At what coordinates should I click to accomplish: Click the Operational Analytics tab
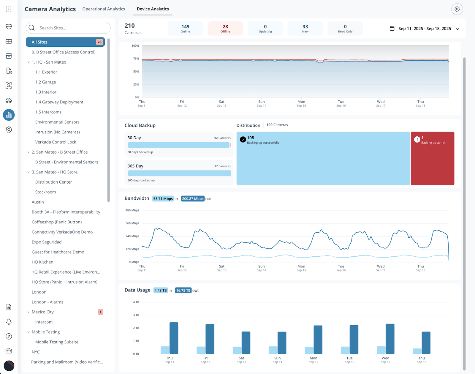(104, 9)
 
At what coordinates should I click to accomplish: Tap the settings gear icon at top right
(457, 9)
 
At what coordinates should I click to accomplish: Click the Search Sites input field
(71, 28)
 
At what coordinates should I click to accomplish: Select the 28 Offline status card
(225, 29)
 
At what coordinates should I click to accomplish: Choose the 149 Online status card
(185, 29)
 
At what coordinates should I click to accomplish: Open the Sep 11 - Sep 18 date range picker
(425, 29)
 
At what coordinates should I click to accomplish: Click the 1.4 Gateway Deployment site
(59, 102)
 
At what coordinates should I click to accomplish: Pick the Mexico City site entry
(43, 312)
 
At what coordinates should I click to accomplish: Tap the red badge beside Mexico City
(101, 312)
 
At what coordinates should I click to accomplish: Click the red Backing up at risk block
(432, 158)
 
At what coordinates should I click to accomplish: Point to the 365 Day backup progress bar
(179, 173)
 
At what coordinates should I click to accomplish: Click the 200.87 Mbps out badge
(193, 199)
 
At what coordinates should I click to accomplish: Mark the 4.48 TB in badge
(161, 291)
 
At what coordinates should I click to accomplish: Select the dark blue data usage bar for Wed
(390, 339)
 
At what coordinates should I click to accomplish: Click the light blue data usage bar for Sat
(237, 350)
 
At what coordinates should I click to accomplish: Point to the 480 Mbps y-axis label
(132, 210)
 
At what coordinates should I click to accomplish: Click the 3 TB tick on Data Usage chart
(136, 315)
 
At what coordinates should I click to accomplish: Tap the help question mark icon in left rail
(9, 336)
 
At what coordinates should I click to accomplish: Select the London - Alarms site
(47, 302)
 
